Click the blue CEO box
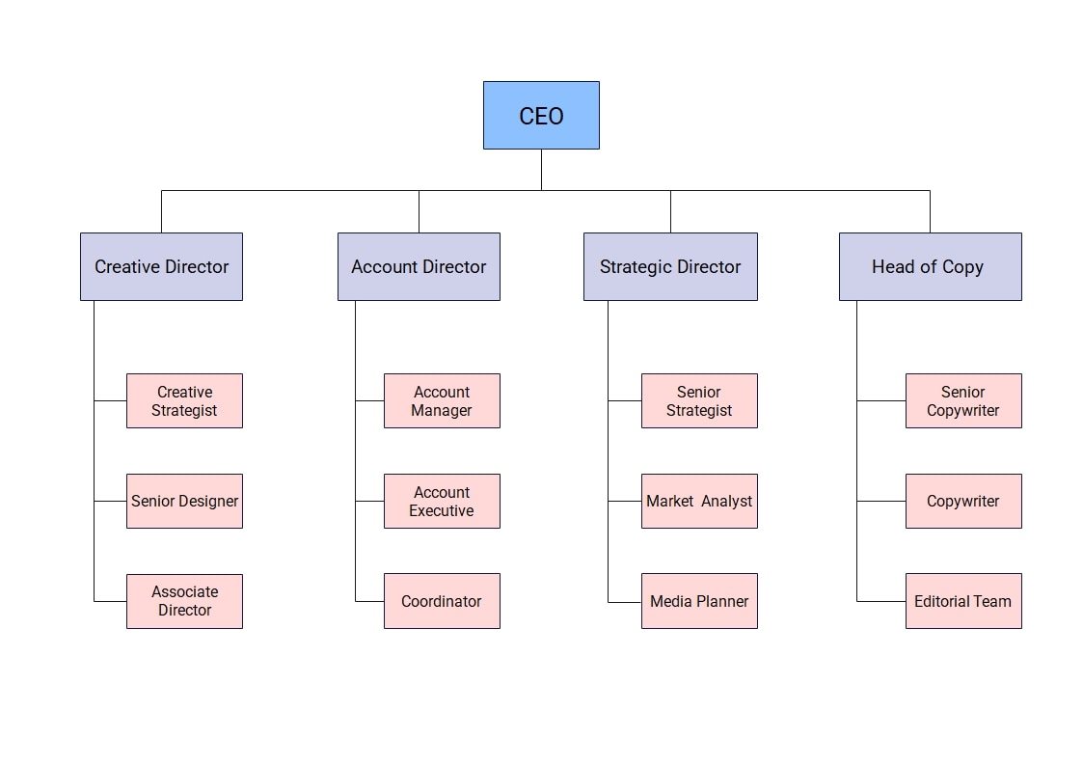click(x=541, y=115)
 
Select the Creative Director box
click(x=161, y=266)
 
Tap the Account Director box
click(x=419, y=266)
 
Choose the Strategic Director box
click(x=670, y=266)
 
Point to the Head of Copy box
click(x=930, y=266)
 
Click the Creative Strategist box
click(x=184, y=400)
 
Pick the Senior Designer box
click(x=184, y=501)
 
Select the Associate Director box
click(x=184, y=601)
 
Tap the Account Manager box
click(x=442, y=400)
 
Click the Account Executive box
click(x=442, y=501)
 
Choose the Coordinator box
click(x=442, y=601)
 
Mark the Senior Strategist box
click(x=699, y=400)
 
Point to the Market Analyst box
click(x=699, y=501)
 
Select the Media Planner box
click(x=699, y=601)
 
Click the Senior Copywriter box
click(x=963, y=400)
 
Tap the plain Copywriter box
click(x=963, y=501)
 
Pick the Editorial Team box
click(x=963, y=601)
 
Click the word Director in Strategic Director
click(x=709, y=267)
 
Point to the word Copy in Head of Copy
click(x=962, y=267)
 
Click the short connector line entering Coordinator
click(x=369, y=601)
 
